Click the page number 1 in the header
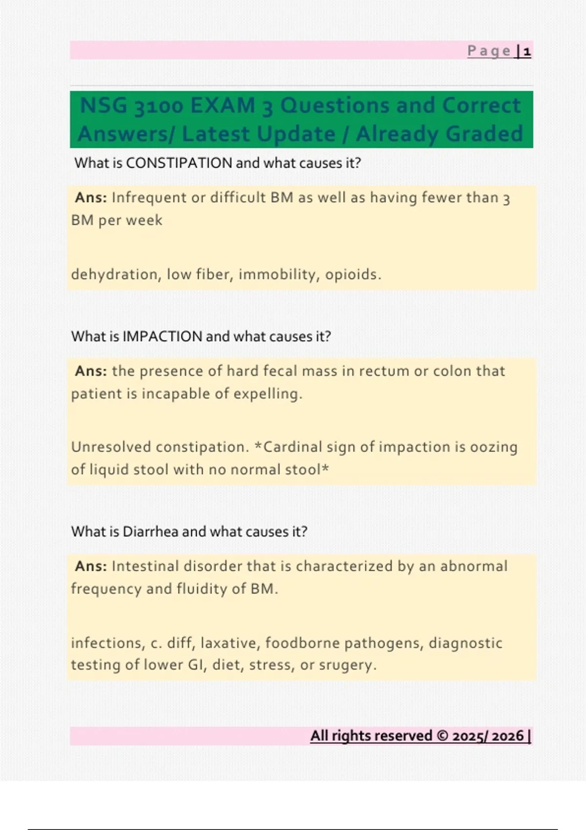pos(527,51)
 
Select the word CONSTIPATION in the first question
pos(179,163)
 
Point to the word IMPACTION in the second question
pos(162,336)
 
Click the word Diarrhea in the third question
pos(150,531)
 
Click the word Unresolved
pos(111,447)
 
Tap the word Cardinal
pos(293,447)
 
